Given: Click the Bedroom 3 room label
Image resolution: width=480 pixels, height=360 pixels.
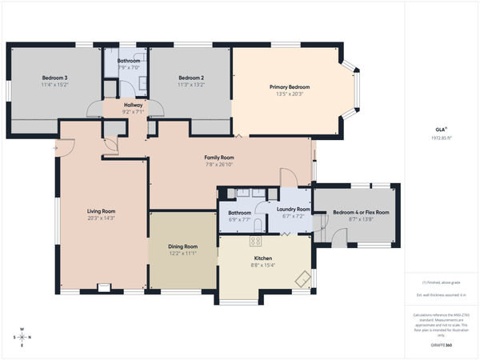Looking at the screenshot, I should (x=55, y=78).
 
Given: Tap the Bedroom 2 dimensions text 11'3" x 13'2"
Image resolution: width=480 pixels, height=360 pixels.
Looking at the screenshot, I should (x=191, y=84).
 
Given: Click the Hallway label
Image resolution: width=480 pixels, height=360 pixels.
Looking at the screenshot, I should (x=133, y=106).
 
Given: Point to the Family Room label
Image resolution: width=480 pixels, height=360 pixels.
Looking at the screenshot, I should (x=218, y=158).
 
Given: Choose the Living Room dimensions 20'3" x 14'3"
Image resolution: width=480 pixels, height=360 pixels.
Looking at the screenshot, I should (x=102, y=218).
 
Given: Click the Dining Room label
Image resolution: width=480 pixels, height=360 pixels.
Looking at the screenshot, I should (x=183, y=246).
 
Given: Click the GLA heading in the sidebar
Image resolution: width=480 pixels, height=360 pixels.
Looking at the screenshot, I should (x=438, y=129).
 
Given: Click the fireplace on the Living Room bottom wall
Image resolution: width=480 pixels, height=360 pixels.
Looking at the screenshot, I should (x=103, y=286).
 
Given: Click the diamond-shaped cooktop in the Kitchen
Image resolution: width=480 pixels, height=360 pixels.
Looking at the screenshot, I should (x=302, y=278).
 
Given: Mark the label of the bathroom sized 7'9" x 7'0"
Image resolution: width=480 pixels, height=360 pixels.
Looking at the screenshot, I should (x=129, y=61).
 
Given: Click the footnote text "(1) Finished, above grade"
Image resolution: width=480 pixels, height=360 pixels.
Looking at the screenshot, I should (x=441, y=282).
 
